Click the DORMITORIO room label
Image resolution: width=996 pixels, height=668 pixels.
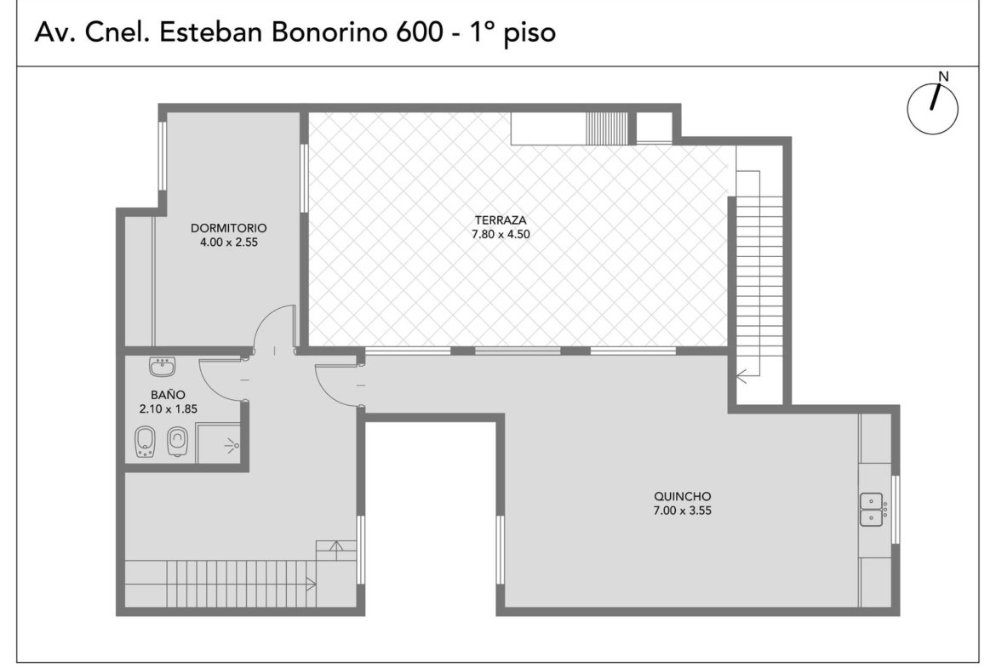[x=229, y=228]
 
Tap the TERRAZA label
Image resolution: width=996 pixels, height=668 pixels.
[x=501, y=220]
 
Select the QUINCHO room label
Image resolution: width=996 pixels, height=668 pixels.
[x=682, y=497]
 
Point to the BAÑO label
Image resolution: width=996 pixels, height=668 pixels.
[x=169, y=395]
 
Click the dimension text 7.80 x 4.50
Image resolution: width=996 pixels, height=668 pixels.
[x=501, y=234]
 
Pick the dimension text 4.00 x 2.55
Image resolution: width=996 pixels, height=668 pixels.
[x=229, y=242]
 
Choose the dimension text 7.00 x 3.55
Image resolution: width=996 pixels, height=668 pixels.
[x=682, y=511]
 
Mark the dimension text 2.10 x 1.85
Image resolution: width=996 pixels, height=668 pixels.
[x=169, y=409]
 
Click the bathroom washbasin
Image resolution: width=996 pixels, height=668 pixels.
[x=163, y=367]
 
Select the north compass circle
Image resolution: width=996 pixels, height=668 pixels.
[x=932, y=109]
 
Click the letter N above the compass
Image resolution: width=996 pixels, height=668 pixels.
[x=943, y=77]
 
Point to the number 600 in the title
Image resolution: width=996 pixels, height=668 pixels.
[x=419, y=32]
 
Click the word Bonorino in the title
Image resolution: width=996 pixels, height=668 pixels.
[x=329, y=32]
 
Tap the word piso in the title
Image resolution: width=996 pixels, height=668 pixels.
[x=529, y=34]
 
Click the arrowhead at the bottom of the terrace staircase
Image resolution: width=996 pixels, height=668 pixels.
[x=741, y=376]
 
